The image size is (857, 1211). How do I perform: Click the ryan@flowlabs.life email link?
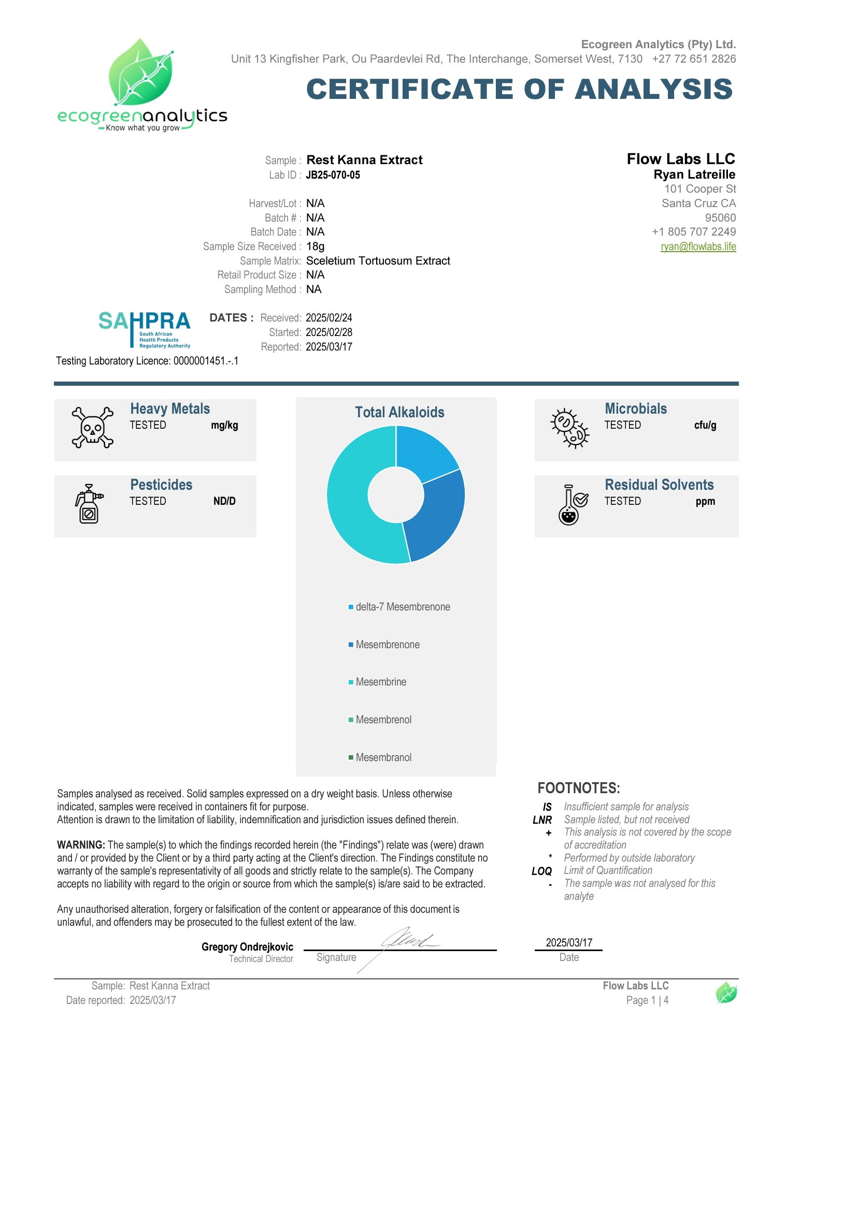[x=697, y=246]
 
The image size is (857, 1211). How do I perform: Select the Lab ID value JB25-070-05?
[x=333, y=175]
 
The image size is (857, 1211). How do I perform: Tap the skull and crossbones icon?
[x=92, y=428]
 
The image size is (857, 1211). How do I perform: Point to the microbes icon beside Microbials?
[x=569, y=428]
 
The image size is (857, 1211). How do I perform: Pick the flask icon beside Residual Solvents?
[x=572, y=505]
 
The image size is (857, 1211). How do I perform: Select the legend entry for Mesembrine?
[x=380, y=682]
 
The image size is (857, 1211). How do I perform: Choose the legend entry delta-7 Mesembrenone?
[x=402, y=607]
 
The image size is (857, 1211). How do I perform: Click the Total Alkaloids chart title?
[x=399, y=413]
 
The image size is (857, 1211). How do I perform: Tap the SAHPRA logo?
[x=144, y=329]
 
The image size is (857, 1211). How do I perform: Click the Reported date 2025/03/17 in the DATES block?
[x=329, y=347]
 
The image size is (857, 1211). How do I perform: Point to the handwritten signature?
[x=406, y=940]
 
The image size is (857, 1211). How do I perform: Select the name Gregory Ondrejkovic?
[x=247, y=947]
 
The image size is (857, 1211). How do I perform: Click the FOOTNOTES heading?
[x=578, y=788]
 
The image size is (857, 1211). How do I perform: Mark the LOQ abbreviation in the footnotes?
[x=541, y=871]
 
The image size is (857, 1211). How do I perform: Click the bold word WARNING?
[x=81, y=845]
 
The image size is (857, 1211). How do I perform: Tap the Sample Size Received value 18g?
[x=315, y=246]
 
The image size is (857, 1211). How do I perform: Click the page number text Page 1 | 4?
[x=647, y=1000]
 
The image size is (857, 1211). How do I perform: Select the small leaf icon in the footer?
[x=726, y=993]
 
